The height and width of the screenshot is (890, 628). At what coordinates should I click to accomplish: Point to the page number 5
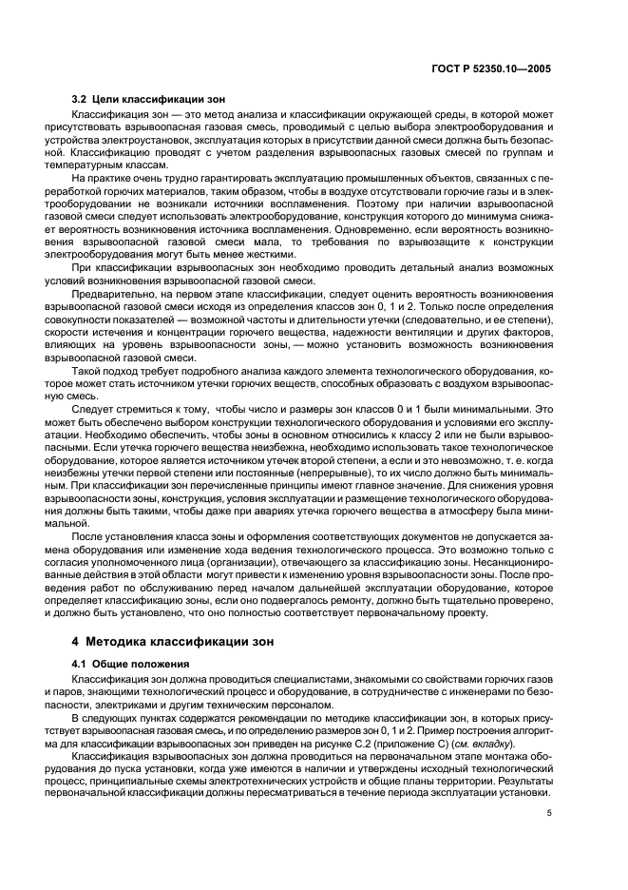point(549,813)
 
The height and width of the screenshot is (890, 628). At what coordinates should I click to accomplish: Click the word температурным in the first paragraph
point(104,165)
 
